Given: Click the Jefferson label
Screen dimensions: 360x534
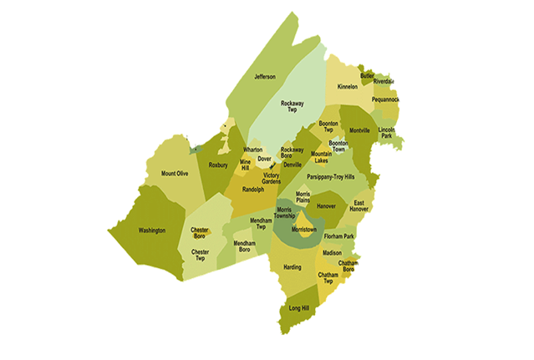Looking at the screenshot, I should coord(265,77).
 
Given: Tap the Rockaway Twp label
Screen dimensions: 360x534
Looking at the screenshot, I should coord(292,106).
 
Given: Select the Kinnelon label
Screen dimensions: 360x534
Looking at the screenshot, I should coord(347,87).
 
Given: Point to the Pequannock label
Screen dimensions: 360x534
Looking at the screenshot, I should coord(385,99).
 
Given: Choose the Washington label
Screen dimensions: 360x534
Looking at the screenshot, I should coord(151,230).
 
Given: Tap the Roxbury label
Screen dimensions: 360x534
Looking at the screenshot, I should coord(218,165).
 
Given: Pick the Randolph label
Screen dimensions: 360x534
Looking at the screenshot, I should coord(253,190).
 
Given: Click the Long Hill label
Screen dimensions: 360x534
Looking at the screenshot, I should coord(299,309).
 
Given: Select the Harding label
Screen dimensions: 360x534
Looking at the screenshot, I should coord(292,267).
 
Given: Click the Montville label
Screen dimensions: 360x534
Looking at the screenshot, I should coord(359,131).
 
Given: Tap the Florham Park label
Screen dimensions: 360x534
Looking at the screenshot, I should coord(339,237).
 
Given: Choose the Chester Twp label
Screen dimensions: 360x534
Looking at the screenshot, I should coord(201,254).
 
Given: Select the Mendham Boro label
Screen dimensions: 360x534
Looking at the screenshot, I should coord(244,246).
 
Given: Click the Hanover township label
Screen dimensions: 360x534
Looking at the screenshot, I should coord(326,205).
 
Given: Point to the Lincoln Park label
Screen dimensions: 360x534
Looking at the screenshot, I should coord(386,134).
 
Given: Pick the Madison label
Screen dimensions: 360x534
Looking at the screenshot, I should coord(332,253).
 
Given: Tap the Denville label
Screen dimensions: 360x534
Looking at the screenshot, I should coord(292,165).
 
